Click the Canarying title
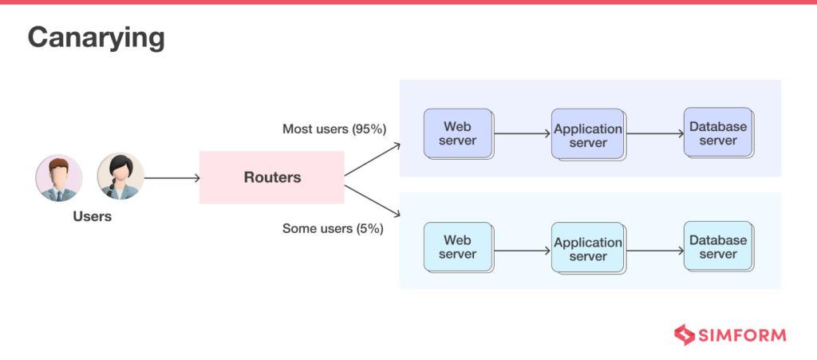[97, 38]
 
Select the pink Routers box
[272, 177]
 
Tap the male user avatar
[59, 177]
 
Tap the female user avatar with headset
[120, 177]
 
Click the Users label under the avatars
[93, 216]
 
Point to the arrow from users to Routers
[172, 177]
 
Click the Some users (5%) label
[333, 228]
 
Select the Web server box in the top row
[458, 134]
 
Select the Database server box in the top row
[718, 133]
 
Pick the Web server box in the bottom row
[458, 247]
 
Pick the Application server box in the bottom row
[587, 249]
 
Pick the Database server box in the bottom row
[718, 247]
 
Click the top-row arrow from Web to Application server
[522, 135]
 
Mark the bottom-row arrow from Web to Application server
[522, 249]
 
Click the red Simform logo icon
[684, 334]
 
